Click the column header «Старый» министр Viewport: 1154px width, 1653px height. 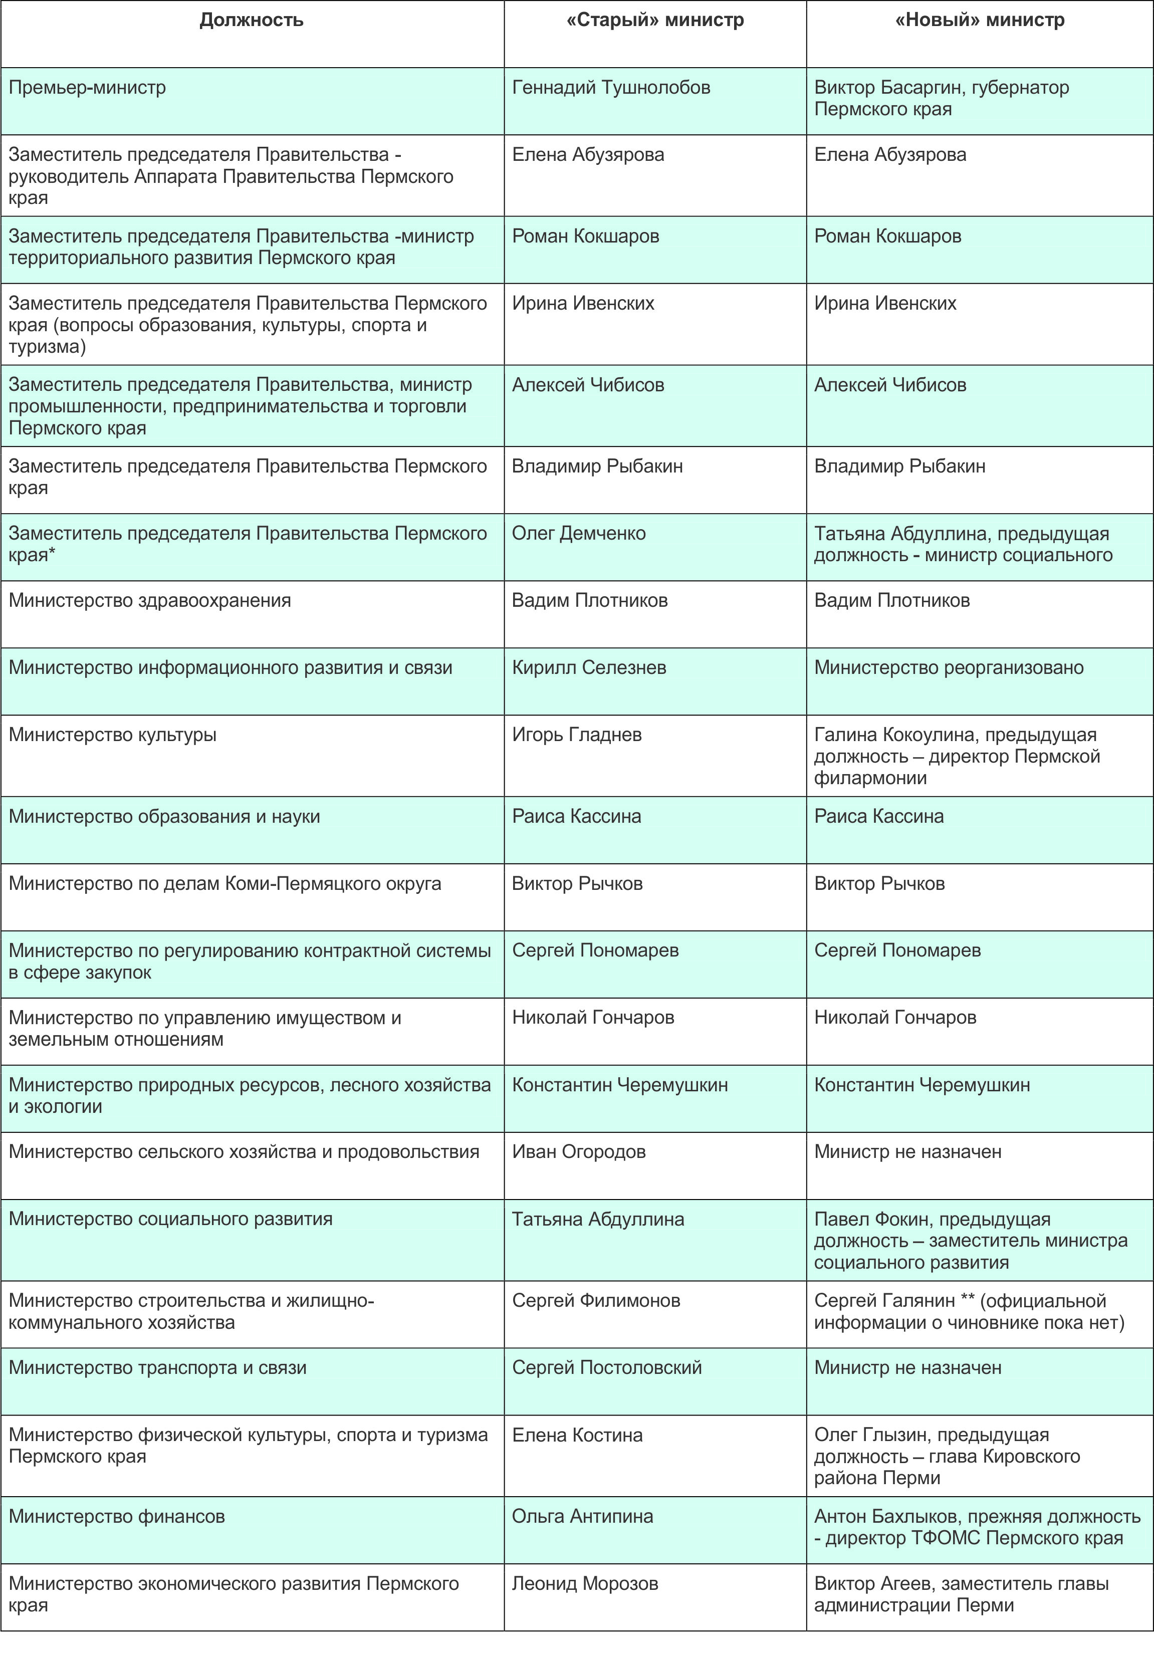point(654,20)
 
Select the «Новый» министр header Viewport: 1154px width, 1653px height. point(979,20)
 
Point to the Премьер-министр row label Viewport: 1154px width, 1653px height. point(87,88)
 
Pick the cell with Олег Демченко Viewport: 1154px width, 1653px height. point(578,534)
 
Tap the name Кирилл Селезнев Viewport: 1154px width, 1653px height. point(588,667)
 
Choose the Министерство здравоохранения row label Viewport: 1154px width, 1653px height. point(150,600)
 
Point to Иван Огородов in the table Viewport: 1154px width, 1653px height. point(578,1152)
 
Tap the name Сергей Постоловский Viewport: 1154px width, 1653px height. point(606,1368)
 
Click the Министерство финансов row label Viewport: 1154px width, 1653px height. point(117,1516)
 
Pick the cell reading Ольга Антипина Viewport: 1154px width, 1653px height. point(582,1516)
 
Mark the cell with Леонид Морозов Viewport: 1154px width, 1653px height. point(585,1584)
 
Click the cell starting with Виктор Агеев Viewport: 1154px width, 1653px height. point(961,1595)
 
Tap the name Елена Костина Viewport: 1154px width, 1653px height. point(577,1435)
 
